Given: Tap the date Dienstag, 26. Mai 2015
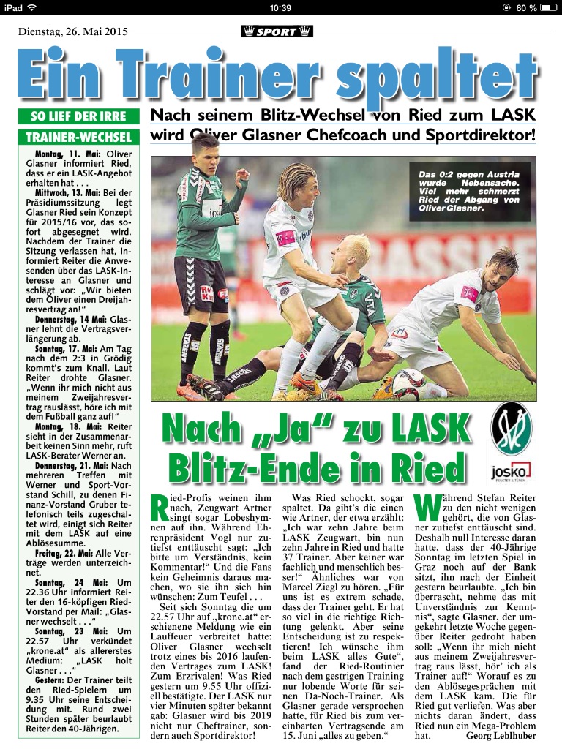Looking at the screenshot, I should [73, 31].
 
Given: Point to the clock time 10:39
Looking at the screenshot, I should [280, 7].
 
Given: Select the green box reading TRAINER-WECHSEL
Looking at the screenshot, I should [78, 137].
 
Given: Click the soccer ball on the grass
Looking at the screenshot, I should [408, 385].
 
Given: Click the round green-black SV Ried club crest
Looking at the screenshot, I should [512, 431].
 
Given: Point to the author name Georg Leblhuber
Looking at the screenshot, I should [501, 735].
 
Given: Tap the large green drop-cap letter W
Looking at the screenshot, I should [428, 510].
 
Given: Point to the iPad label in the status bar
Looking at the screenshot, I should [13, 7].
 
